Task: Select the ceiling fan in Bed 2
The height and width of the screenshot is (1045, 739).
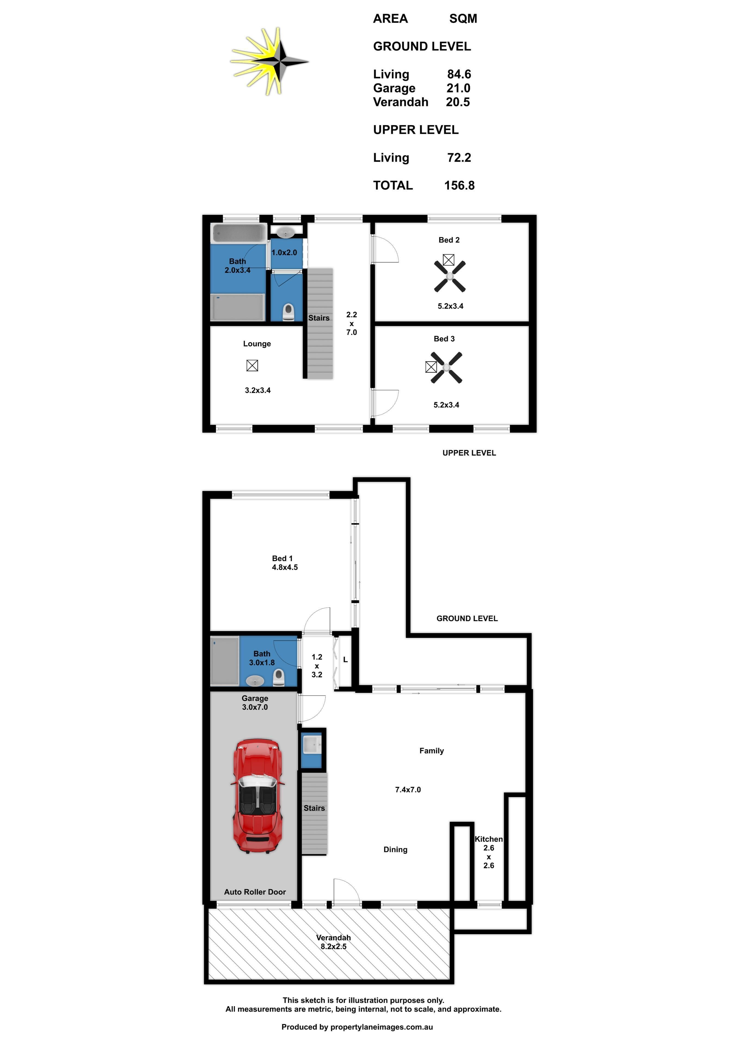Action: tap(450, 276)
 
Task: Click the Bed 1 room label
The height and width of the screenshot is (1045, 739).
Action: tap(282, 558)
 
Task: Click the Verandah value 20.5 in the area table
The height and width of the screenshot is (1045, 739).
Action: tap(458, 102)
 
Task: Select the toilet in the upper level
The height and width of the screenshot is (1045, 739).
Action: tap(288, 312)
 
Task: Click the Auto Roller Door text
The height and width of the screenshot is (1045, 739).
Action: tap(255, 892)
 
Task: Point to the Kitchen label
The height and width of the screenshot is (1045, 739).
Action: tap(489, 839)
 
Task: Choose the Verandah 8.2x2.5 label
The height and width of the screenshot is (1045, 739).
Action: tap(333, 942)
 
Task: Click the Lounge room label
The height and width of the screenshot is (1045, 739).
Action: tap(257, 344)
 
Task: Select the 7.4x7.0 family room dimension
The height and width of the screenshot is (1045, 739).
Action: tap(408, 790)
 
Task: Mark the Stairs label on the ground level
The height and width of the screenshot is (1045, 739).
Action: tap(314, 808)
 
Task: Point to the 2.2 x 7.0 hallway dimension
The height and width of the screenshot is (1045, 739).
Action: tap(351, 324)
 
